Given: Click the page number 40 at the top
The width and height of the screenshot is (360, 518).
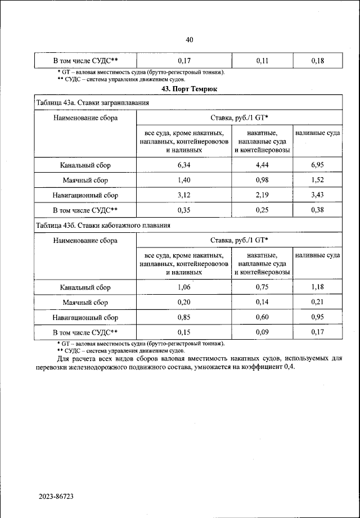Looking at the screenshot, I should coord(189,39).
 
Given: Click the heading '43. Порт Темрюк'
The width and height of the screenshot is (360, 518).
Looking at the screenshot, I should coord(189,88).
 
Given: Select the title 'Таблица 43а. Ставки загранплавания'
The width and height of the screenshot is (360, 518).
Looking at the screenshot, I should coord(92,103).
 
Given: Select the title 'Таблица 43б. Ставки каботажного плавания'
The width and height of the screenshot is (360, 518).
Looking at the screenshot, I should coord(102,225).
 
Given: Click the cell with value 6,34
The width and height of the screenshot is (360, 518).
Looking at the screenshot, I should coord(183,165).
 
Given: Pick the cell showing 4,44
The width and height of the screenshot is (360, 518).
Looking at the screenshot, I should coord(262,165).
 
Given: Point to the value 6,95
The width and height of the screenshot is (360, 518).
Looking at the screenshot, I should coord(318,165).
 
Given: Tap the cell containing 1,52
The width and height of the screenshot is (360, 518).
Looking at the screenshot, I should coord(318,181).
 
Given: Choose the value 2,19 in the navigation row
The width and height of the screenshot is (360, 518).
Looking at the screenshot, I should coord(262,196).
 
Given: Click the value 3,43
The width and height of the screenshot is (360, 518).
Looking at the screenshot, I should coord(318,196).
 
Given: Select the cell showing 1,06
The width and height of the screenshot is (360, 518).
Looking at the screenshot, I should coord(183,287).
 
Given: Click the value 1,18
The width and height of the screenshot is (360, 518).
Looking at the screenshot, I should coord(318,287).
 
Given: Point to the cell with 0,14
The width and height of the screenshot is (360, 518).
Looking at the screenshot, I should coord(262,303).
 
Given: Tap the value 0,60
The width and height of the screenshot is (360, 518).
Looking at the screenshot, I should coord(262,318).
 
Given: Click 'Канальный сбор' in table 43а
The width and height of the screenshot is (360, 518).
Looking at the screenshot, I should coord(85,165).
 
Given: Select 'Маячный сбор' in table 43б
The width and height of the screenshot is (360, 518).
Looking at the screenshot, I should coord(85,303).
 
